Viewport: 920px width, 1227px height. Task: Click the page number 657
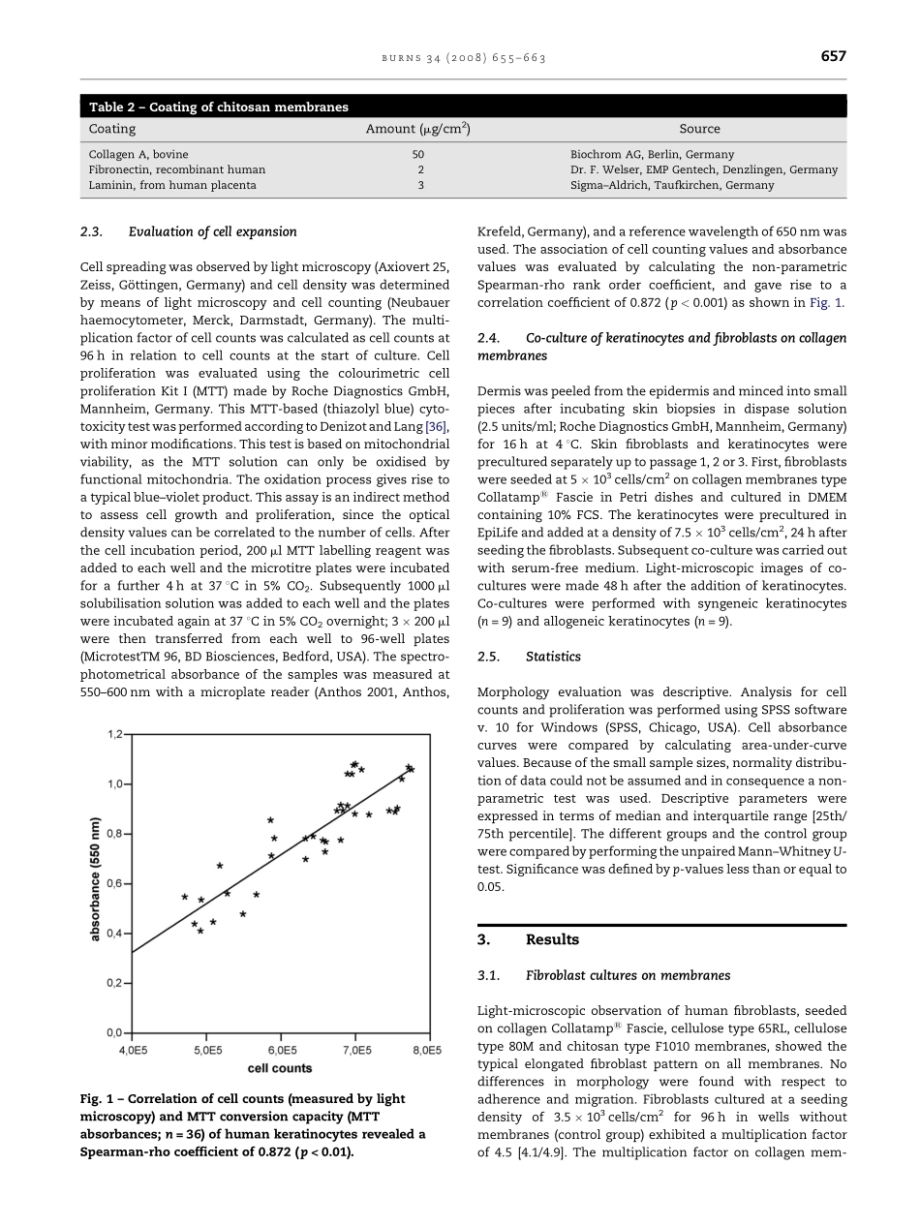(833, 56)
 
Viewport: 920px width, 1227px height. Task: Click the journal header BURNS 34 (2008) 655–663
(463, 58)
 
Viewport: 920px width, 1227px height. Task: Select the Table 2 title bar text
(219, 107)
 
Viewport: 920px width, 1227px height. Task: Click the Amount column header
(417, 129)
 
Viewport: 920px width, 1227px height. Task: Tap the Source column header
(699, 129)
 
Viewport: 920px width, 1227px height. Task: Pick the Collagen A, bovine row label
(138, 154)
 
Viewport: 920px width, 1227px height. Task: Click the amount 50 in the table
(418, 154)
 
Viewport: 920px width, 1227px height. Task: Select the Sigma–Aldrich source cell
(672, 185)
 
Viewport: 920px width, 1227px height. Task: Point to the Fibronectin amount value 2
(419, 169)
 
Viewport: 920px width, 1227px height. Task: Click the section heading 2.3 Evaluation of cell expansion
(189, 231)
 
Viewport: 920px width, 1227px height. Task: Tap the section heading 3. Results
(529, 939)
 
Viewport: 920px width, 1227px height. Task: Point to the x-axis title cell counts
(280, 1068)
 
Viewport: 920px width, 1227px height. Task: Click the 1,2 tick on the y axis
(116, 734)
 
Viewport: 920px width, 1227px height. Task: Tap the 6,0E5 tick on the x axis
(282, 1050)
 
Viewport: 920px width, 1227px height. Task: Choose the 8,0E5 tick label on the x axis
(426, 1050)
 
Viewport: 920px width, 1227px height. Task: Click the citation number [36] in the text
(437, 427)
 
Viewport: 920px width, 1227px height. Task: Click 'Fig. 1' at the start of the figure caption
(96, 1099)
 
